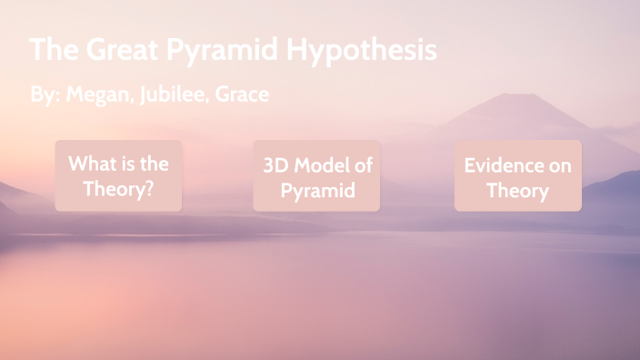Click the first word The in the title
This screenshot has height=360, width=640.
[x=51, y=49]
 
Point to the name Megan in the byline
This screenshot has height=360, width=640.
[x=99, y=95]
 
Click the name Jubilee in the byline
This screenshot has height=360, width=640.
[x=173, y=95]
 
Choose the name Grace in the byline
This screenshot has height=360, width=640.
[x=242, y=95]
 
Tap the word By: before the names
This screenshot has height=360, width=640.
[x=44, y=95]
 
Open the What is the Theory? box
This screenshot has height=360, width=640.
[x=118, y=175]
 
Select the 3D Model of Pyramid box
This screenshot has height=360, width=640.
[x=316, y=175]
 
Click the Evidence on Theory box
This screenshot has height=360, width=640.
[x=517, y=175]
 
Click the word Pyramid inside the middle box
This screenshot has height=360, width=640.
[x=316, y=191]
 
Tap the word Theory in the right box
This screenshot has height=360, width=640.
[x=517, y=191]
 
